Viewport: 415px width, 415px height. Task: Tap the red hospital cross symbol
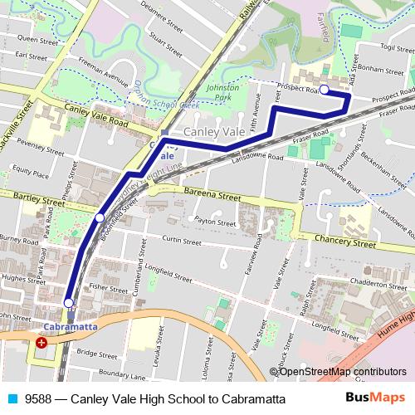[x=41, y=342]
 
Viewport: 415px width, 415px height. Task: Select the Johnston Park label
[x=222, y=90]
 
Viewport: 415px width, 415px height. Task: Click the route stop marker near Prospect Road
[x=325, y=90]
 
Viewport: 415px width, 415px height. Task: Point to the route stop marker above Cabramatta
[x=68, y=303]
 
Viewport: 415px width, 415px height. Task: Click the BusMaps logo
[x=375, y=398]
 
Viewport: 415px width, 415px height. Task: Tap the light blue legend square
[x=10, y=399]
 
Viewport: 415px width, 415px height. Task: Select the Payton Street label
[x=211, y=221]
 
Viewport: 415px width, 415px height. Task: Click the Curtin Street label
[x=182, y=242]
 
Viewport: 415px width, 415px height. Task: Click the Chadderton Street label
[x=380, y=282]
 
